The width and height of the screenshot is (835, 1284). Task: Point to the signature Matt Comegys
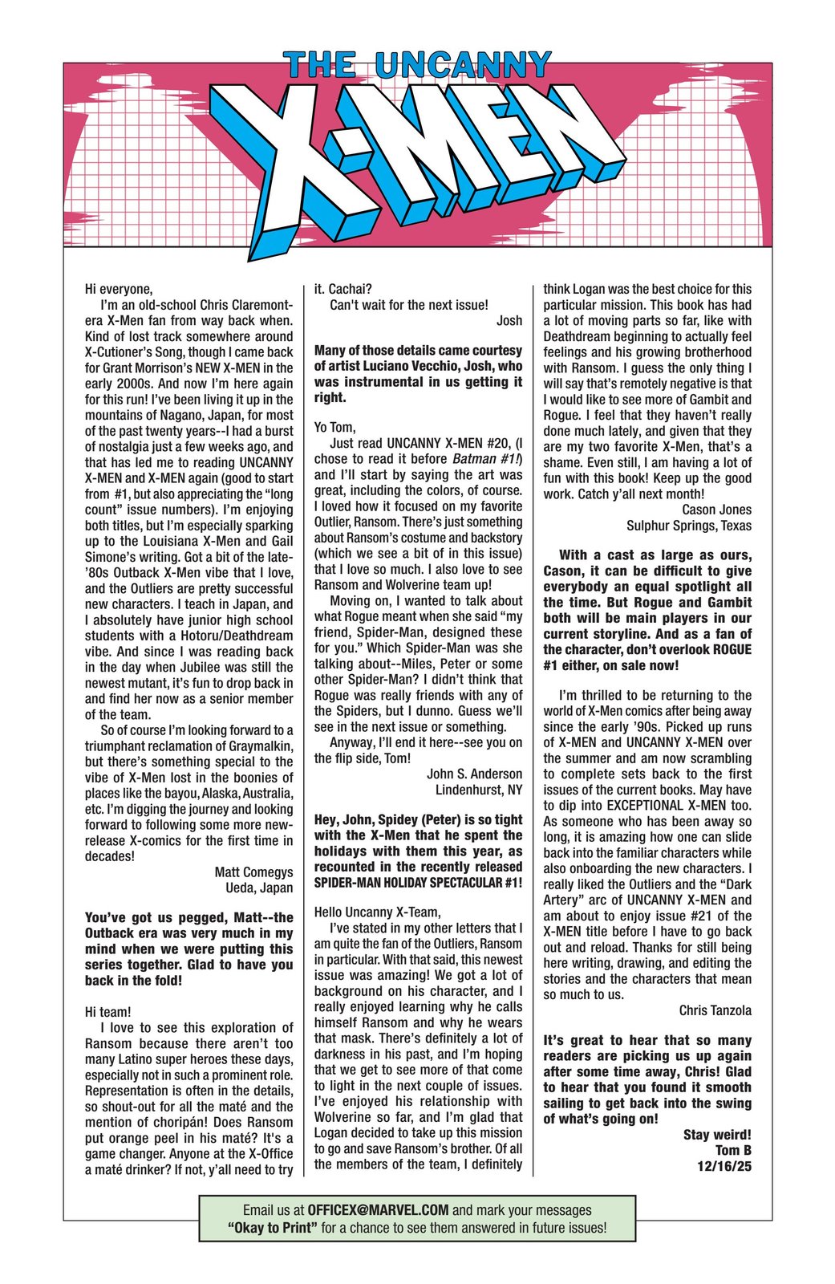pos(253,872)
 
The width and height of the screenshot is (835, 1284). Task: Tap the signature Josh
pos(509,320)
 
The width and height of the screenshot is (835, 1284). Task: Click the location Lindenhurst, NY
pos(478,790)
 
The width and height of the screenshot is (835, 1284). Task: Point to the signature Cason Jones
pos(716,510)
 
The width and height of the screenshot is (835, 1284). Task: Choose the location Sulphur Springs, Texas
pos(689,526)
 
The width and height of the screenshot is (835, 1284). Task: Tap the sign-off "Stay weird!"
pos(717,1135)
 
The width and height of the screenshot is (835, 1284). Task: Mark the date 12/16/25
pos(724,1166)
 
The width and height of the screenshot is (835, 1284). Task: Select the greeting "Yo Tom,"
pos(334,428)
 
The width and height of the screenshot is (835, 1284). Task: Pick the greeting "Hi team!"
pos(107,1012)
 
